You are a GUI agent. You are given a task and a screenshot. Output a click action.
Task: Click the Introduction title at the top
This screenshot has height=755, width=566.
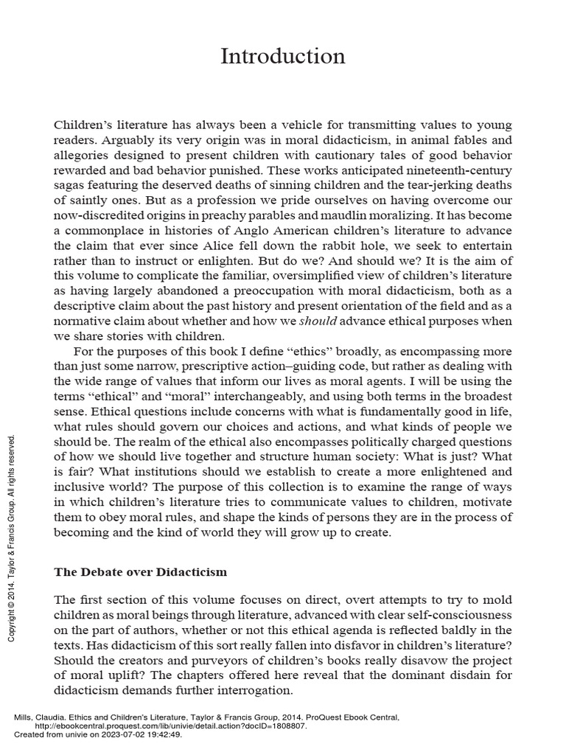[283, 57]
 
